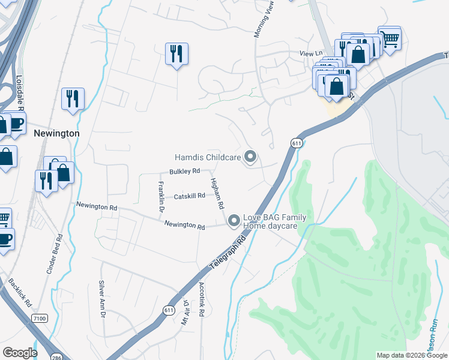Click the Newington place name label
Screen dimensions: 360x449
tap(56, 133)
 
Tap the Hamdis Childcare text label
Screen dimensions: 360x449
tap(208, 158)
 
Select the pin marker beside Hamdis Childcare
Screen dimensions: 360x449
tap(251, 158)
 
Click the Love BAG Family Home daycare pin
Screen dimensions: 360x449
tap(234, 221)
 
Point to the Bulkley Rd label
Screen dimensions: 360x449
tap(184, 172)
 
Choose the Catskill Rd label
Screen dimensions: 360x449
tap(189, 196)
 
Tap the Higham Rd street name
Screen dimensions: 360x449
tap(217, 193)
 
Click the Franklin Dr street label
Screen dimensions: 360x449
tap(161, 197)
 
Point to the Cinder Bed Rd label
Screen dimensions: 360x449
tap(55, 254)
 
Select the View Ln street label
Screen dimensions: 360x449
tap(311, 54)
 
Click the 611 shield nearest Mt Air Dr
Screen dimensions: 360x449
tap(168, 309)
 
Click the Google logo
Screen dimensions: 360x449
tap(20, 353)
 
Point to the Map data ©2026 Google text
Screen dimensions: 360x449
tap(412, 355)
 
